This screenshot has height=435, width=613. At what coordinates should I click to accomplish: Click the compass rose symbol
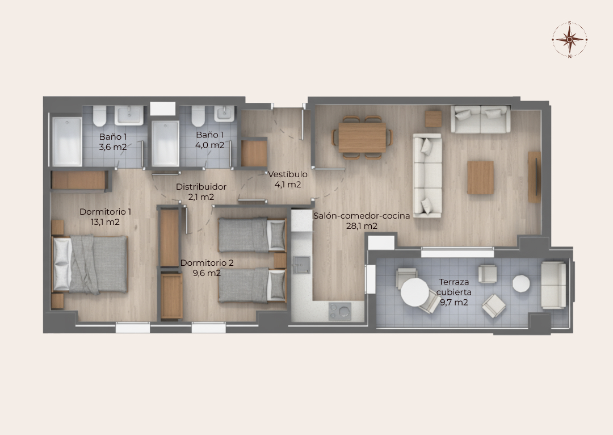tap(570, 39)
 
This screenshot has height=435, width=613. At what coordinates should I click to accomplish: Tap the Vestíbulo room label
tap(288, 174)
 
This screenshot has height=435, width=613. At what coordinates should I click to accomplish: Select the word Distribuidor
tap(201, 187)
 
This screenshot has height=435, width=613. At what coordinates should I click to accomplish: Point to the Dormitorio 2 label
tap(207, 263)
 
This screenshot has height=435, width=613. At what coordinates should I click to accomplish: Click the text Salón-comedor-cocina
tap(362, 216)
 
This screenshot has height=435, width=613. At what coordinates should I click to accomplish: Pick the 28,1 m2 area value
tap(362, 226)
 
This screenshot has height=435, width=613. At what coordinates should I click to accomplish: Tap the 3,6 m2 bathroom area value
tap(112, 147)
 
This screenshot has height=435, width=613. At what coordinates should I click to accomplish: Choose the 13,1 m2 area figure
tap(105, 222)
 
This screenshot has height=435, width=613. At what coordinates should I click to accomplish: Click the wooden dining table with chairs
tap(362, 137)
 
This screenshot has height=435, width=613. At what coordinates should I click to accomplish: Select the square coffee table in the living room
tap(481, 178)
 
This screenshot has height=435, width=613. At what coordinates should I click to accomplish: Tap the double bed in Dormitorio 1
tap(90, 264)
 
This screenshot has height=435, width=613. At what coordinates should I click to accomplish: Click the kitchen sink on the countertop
tap(301, 265)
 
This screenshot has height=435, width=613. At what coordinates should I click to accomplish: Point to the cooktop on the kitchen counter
tap(340, 311)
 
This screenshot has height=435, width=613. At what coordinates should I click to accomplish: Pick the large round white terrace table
tap(415, 292)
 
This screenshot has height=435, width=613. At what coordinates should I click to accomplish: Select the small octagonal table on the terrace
tap(520, 283)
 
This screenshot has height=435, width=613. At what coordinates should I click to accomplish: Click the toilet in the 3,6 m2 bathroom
tap(100, 116)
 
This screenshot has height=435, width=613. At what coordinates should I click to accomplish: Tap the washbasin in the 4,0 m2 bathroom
tap(224, 114)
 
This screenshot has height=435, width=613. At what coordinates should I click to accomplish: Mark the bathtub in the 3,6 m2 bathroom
tap(67, 141)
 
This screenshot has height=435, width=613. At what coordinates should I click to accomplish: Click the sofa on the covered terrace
tap(553, 285)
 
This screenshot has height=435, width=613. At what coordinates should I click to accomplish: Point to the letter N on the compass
tap(570, 56)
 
